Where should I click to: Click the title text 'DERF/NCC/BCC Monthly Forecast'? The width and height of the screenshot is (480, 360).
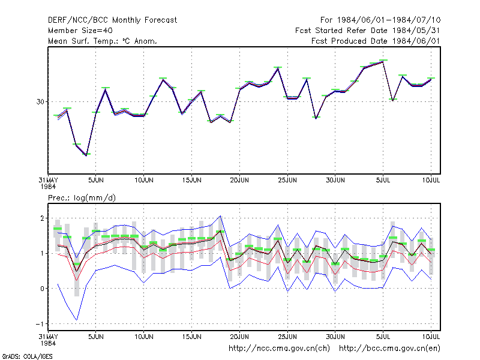tap(112, 20)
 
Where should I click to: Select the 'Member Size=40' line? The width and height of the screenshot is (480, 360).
tap(80, 31)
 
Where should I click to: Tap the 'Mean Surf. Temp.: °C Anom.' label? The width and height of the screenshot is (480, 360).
tap(103, 41)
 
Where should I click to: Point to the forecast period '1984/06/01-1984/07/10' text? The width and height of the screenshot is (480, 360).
tap(389, 20)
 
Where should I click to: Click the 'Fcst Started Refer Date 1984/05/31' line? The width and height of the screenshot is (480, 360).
tap(368, 31)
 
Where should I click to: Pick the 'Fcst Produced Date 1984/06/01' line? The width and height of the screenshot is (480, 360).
tap(376, 41)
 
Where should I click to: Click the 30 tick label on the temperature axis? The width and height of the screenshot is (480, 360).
tap(40, 101)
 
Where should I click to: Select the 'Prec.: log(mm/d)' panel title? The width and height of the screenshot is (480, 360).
tap(82, 198)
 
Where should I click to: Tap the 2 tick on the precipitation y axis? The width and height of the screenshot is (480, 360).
tap(42, 218)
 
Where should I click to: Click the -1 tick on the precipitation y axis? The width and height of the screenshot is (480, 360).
tap(40, 324)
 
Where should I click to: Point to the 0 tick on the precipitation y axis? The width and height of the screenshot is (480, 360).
tap(42, 289)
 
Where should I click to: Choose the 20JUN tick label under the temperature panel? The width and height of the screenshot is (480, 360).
tap(239, 181)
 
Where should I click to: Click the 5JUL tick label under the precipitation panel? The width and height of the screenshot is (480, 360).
tap(383, 337)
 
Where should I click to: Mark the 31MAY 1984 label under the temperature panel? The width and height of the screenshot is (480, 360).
tap(49, 184)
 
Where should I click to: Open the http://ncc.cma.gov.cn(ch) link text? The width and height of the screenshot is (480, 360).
tap(279, 349)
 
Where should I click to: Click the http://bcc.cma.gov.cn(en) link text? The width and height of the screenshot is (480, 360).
tap(389, 349)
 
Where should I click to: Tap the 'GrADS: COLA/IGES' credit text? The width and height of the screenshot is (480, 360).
tap(27, 356)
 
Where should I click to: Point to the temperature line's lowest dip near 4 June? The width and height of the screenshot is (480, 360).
tap(86, 155)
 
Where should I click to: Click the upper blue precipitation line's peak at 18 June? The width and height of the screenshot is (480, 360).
tap(220, 216)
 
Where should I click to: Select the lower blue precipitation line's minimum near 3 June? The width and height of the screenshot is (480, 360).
tap(77, 320)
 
